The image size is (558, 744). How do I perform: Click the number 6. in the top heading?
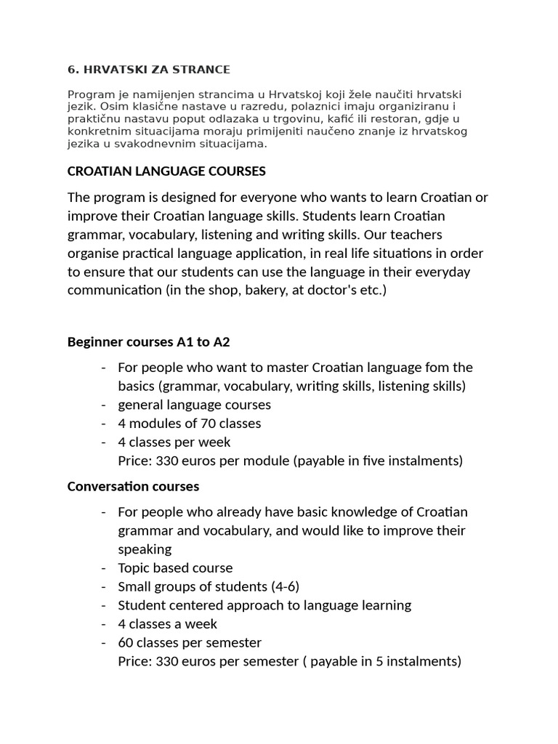pos(72,70)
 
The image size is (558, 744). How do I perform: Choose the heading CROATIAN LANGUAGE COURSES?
pos(166,171)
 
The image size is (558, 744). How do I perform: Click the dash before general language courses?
pos(105,405)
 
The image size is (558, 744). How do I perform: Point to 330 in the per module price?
pos(167,461)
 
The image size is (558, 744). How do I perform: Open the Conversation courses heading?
pos(133,486)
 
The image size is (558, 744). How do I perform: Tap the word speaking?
pos(145,549)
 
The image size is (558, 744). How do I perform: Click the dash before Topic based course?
pos(105,567)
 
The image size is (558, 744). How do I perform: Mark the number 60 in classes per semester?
pos(126,642)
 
